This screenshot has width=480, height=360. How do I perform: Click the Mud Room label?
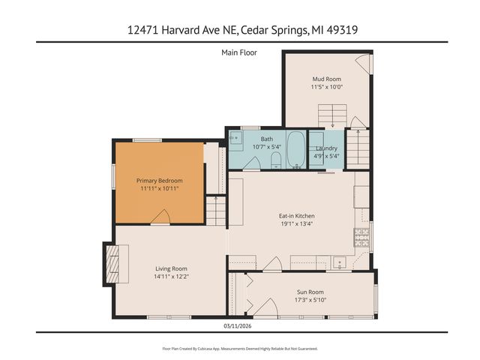tap(327, 78)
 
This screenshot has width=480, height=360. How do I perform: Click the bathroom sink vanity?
tap(236, 138)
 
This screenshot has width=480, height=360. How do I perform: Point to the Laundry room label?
tap(326, 148)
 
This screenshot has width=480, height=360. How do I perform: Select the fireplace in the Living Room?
tap(110, 265)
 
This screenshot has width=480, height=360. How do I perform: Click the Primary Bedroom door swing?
tap(160, 217)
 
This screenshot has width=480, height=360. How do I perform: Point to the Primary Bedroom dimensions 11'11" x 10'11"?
tap(159, 189)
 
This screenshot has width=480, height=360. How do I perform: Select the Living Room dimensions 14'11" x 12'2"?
tap(171, 277)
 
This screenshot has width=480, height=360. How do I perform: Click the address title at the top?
tap(240, 30)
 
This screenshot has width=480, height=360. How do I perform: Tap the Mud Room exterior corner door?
tap(363, 64)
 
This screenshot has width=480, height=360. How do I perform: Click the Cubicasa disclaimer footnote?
tap(240, 349)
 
